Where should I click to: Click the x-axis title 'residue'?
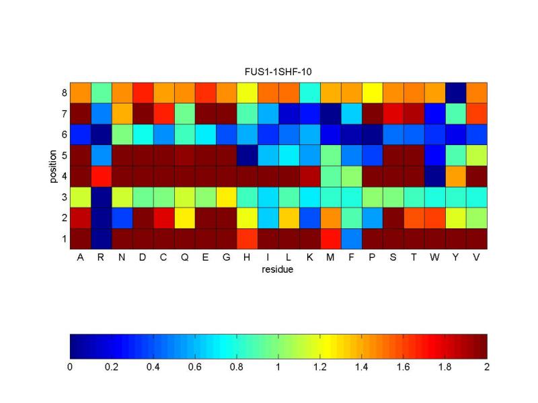pos(278,270)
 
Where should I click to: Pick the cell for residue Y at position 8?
pos(455,92)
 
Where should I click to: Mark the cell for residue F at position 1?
pos(351,238)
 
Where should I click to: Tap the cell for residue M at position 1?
pos(330,238)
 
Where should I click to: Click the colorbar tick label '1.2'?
pos(320,367)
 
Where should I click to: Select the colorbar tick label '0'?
pos(70,367)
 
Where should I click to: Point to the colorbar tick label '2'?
pos(487,367)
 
